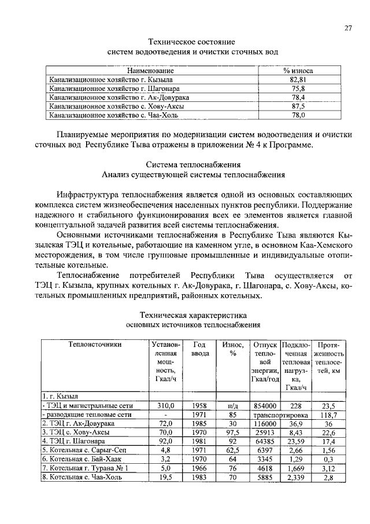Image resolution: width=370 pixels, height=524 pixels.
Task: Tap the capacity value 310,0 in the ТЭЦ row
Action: (x=166, y=405)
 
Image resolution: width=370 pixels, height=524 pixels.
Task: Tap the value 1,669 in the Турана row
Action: (x=296, y=468)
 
